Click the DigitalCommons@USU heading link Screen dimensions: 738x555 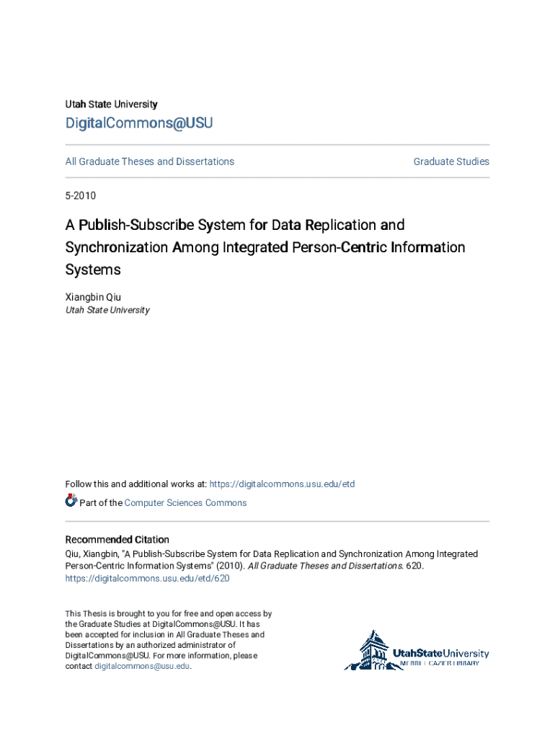click(139, 123)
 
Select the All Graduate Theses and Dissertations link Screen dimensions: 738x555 click(150, 161)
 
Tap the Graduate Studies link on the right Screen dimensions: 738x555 click(451, 161)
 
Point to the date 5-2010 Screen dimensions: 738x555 click(81, 196)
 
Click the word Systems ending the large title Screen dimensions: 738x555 click(93, 270)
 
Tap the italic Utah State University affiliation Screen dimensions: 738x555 click(107, 310)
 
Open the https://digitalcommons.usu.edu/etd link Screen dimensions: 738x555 click(282, 484)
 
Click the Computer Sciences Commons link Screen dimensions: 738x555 click(185, 503)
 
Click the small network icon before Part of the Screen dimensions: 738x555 click(71, 501)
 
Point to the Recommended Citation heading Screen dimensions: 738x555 click(117, 540)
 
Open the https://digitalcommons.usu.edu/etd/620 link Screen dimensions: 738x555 click(147, 579)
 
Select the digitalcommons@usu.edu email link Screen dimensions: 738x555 click(142, 667)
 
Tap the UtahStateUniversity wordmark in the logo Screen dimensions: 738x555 click(440, 654)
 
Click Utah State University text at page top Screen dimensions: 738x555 click(111, 105)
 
